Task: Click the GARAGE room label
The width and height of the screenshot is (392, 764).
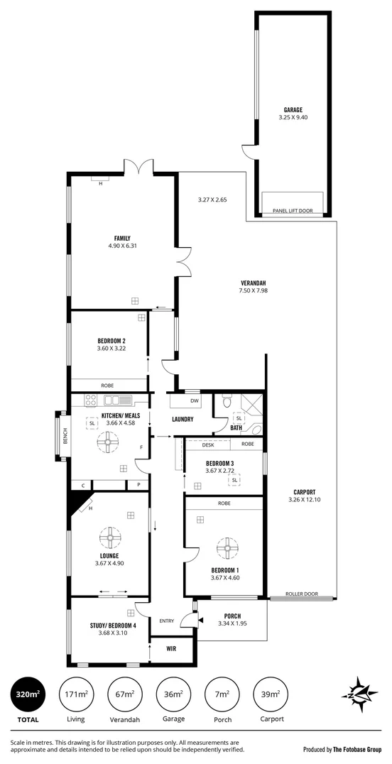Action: point(293,110)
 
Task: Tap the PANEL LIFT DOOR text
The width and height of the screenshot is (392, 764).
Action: point(293,211)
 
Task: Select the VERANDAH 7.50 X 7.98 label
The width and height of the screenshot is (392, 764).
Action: point(253,286)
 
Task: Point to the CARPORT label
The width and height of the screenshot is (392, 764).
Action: point(304,492)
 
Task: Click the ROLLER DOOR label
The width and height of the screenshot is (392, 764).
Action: point(301,594)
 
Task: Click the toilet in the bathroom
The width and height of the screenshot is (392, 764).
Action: point(227,402)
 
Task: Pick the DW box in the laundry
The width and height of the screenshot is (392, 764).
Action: point(195,400)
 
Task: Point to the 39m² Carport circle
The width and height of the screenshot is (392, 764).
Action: point(271,694)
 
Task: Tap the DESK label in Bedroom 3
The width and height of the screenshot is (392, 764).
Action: point(208,444)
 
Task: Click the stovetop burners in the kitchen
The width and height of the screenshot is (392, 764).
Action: point(92,400)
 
